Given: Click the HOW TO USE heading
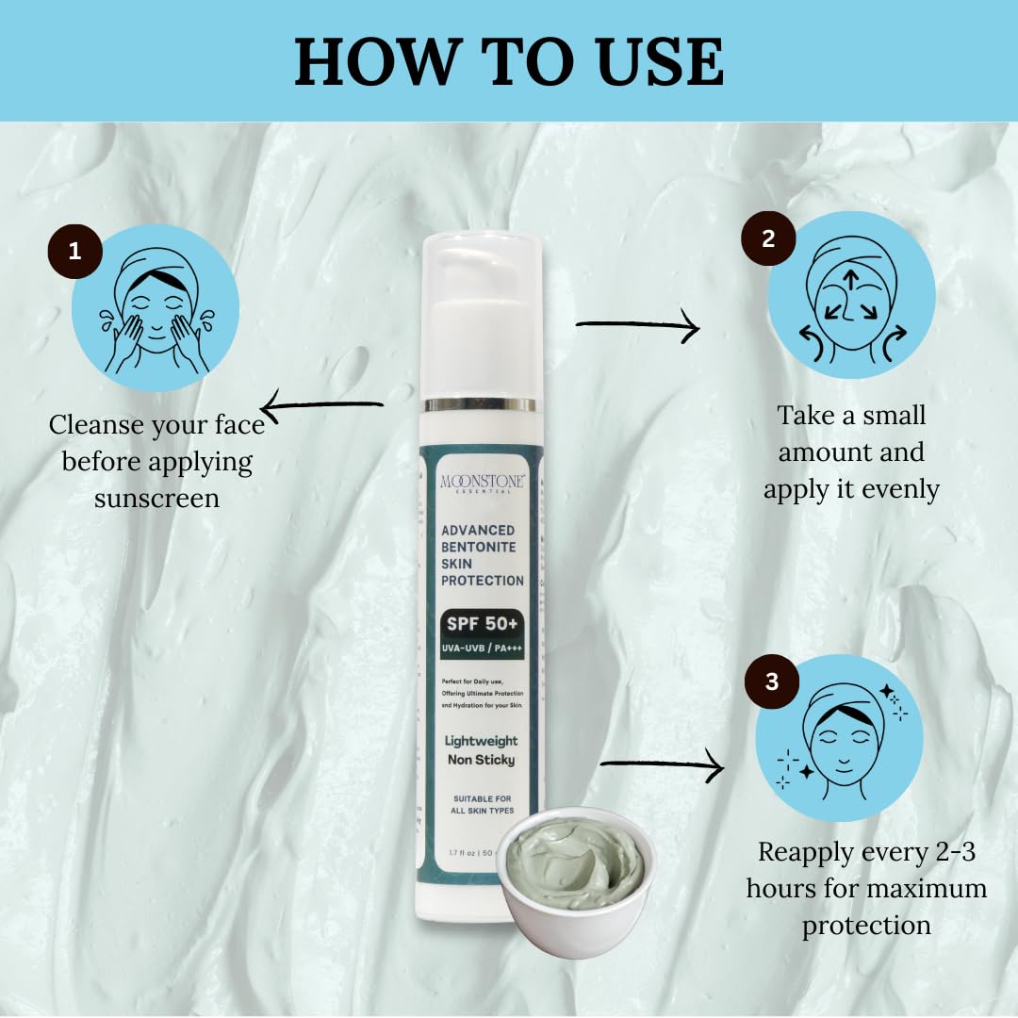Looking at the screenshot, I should pyautogui.click(x=509, y=62).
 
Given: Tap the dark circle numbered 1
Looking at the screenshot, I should pyautogui.click(x=75, y=252).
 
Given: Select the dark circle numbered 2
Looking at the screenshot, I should pyautogui.click(x=768, y=238).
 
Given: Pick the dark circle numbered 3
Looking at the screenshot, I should pyautogui.click(x=772, y=681).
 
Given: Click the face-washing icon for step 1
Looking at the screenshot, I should pyautogui.click(x=156, y=308).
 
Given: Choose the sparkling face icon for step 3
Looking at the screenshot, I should pyautogui.click(x=845, y=738).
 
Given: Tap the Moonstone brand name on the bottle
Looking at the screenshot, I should pyautogui.click(x=482, y=482).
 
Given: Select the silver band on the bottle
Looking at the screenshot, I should pyautogui.click(x=480, y=404).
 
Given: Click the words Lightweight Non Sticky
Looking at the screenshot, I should pyautogui.click(x=481, y=750).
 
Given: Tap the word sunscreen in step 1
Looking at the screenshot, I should pyautogui.click(x=156, y=498).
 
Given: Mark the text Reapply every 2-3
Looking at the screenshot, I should pyautogui.click(x=866, y=852).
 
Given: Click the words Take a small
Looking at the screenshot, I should pyautogui.click(x=851, y=416).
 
